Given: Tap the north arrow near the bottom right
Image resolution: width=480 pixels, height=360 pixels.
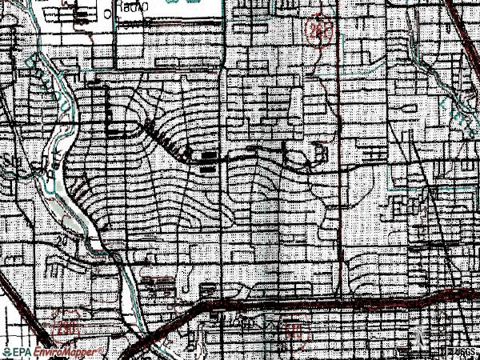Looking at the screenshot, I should tap(416, 339).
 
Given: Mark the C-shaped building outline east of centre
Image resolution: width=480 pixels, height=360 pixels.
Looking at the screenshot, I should tap(321, 151).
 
